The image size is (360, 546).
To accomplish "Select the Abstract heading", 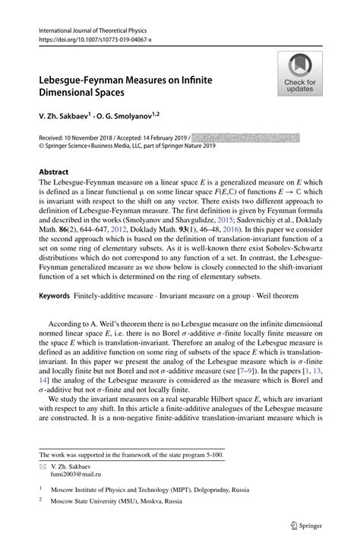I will click(54, 172).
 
